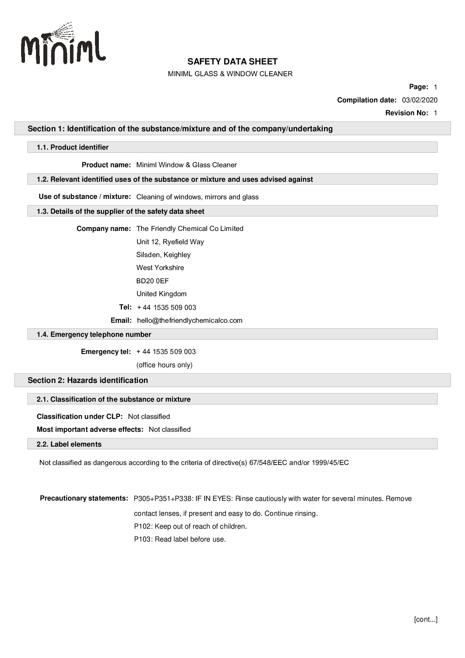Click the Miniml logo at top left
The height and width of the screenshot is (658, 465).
63,45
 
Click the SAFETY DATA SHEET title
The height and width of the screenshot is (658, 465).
232,61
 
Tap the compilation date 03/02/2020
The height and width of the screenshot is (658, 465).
420,100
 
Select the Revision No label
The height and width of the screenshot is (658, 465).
406,113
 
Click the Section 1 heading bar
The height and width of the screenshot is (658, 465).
180,129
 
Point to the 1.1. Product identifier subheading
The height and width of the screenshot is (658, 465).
72,147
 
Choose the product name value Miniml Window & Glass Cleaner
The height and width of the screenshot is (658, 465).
186,165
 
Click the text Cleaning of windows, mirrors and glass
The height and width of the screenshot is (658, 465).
197,197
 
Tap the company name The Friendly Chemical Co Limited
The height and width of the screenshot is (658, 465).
190,229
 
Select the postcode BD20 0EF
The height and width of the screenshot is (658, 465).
152,281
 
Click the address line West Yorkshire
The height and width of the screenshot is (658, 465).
160,268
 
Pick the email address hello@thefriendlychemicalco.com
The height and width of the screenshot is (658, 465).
190,320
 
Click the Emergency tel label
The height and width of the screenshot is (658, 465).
106,352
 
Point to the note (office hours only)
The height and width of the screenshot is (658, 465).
164,365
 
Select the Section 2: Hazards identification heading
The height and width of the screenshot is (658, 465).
88,380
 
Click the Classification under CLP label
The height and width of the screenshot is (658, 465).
79,417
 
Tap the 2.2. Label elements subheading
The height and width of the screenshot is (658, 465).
69,444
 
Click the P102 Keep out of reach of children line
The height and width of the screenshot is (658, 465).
190,526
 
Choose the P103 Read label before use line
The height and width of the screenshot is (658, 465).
180,539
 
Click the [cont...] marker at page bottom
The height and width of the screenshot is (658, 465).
426,619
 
